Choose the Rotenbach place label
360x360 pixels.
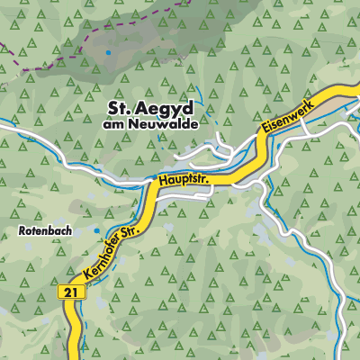click(39, 231)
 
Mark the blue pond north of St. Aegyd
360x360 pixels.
click(108, 53)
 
